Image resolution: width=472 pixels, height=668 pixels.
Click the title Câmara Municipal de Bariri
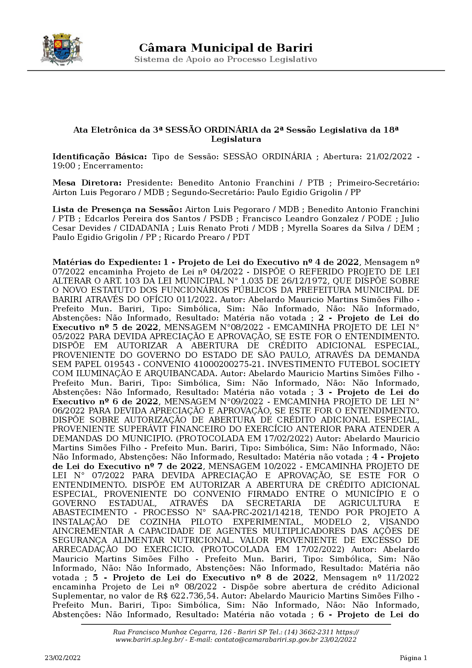(x=226, y=48)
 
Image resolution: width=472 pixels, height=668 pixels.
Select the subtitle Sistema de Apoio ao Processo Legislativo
(x=226, y=60)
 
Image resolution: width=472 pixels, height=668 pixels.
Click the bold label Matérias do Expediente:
(x=105, y=263)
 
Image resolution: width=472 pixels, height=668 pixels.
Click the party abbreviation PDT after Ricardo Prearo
(x=241, y=237)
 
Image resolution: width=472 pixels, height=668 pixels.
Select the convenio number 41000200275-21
(x=236, y=364)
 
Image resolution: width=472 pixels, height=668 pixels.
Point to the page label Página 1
(x=413, y=658)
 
